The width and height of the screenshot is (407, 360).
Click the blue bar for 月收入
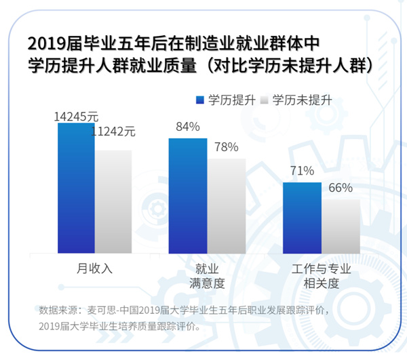[76, 187]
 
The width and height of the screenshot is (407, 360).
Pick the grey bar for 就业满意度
[226, 205]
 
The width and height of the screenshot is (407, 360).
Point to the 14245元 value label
[76, 117]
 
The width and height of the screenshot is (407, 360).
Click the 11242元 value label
[113, 132]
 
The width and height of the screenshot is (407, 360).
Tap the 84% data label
[187, 127]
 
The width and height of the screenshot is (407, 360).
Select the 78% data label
[226, 147]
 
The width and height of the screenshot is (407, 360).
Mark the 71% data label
[302, 171]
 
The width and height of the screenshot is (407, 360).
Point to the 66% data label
[341, 188]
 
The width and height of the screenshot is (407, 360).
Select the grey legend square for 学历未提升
[264, 100]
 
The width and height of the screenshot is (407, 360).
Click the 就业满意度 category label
[206, 275]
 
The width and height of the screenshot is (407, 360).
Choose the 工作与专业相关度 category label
[321, 275]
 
